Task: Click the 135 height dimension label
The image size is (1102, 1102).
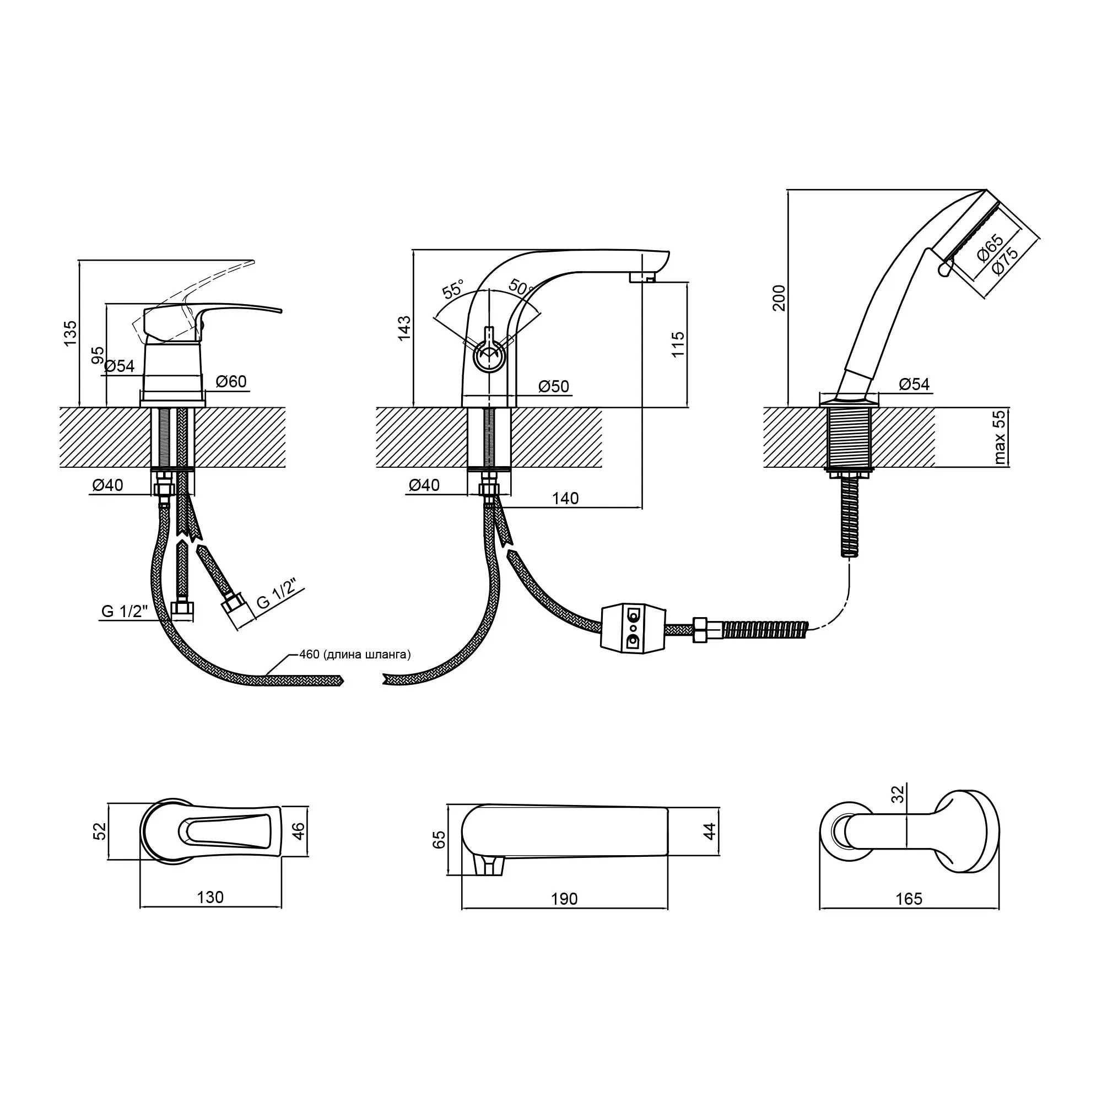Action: [69, 333]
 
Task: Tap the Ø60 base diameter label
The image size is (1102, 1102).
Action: [231, 381]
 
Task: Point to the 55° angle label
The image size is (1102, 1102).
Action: [453, 289]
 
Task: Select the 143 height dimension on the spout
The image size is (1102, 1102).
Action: [404, 328]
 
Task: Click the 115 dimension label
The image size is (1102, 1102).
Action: [678, 344]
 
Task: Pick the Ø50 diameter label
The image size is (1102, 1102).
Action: [554, 386]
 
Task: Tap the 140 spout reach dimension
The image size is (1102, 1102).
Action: [565, 498]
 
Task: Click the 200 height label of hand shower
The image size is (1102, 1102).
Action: [779, 297]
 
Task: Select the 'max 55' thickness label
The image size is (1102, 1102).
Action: [1000, 437]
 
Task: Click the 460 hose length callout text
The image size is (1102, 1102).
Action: [354, 654]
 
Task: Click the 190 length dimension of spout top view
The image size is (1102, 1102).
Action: [564, 898]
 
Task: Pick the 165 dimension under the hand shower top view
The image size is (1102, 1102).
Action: [908, 898]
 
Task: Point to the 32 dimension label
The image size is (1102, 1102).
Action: [898, 793]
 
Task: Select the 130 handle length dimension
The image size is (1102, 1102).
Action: [210, 897]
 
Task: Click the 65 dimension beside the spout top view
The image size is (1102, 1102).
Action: [439, 840]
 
